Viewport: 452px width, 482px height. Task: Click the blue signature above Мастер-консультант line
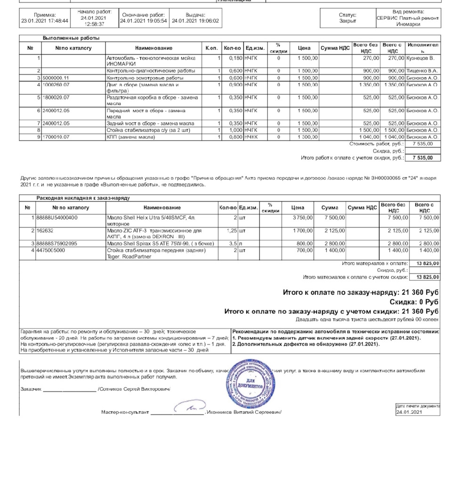pos(189,406)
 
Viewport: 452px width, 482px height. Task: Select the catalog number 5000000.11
pos(56,77)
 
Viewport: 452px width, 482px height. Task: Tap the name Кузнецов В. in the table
pos(420,58)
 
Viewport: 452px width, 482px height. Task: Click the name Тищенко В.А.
pos(422,70)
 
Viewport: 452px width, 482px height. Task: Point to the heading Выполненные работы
pos(71,38)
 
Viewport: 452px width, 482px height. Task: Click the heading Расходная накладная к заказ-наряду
pos(83,198)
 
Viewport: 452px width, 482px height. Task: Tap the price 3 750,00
pos(301,217)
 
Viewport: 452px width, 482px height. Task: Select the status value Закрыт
pos(347,21)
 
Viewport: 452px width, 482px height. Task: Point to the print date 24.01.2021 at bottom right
pos(409,412)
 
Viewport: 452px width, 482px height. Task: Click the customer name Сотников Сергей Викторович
pos(134,389)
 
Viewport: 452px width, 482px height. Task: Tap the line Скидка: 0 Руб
pos(414,302)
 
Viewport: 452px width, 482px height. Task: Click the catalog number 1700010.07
pos(56,137)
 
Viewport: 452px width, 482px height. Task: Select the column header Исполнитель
pos(423,48)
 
